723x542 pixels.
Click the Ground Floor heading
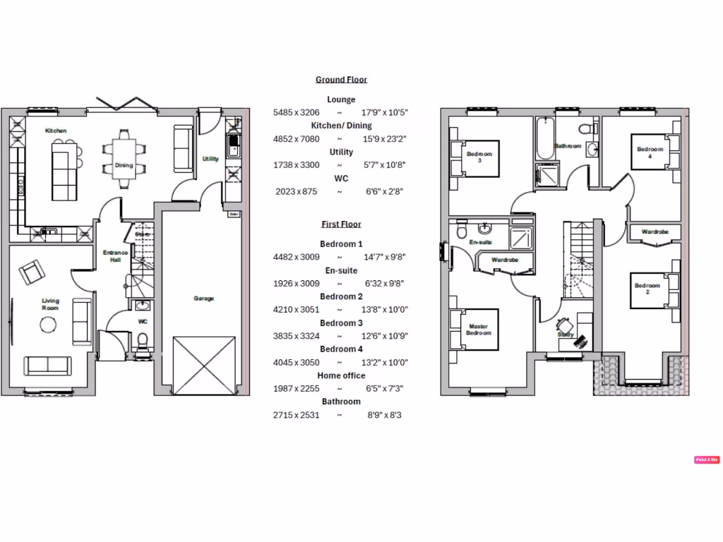point(341,80)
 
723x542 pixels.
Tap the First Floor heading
point(341,224)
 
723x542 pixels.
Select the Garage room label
point(204,299)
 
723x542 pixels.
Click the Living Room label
point(50,304)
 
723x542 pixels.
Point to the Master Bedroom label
point(479,330)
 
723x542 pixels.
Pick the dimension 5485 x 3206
point(296,112)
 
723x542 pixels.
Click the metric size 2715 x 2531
point(296,415)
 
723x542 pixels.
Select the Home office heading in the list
point(341,375)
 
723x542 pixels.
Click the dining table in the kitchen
point(124,159)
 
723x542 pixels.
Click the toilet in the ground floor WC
point(143,342)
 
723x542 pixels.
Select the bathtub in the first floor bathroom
point(544,139)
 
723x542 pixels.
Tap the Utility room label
point(210,159)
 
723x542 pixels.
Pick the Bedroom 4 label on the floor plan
point(650,152)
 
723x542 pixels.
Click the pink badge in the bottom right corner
point(706,459)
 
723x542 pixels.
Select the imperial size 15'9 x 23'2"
point(385,139)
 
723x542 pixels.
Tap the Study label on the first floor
point(564,335)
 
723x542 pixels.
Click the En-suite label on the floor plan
point(480,242)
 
